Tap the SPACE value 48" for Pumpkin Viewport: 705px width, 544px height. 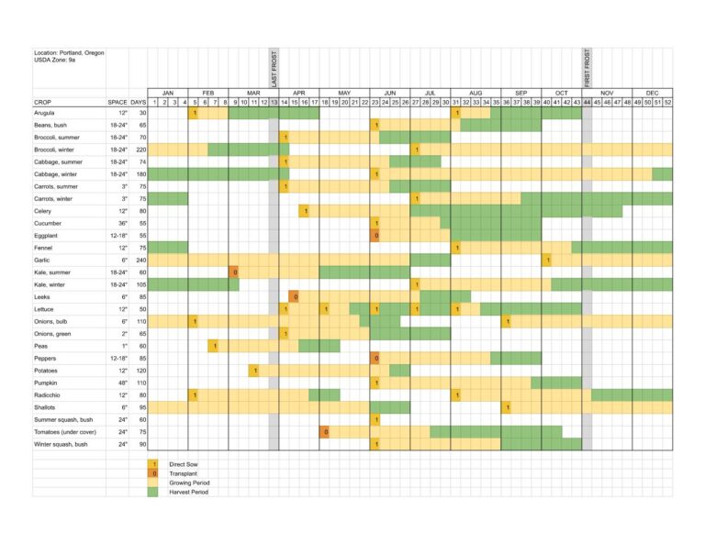click(x=118, y=382)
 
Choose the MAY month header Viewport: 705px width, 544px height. click(x=344, y=93)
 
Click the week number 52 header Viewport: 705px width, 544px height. click(x=667, y=102)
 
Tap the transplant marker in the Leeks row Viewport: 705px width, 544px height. click(x=294, y=296)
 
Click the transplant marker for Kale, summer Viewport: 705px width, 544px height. click(x=234, y=272)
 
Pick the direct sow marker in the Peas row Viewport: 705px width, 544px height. click(x=214, y=345)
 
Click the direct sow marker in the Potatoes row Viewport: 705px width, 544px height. click(x=254, y=370)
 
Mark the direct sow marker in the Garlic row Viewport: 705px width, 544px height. click(x=547, y=260)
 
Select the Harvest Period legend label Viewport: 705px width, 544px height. click(x=188, y=492)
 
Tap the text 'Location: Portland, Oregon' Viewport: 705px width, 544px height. click(x=69, y=53)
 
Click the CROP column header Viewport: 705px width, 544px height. click(x=43, y=102)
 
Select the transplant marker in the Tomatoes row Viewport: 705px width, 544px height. click(x=325, y=431)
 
